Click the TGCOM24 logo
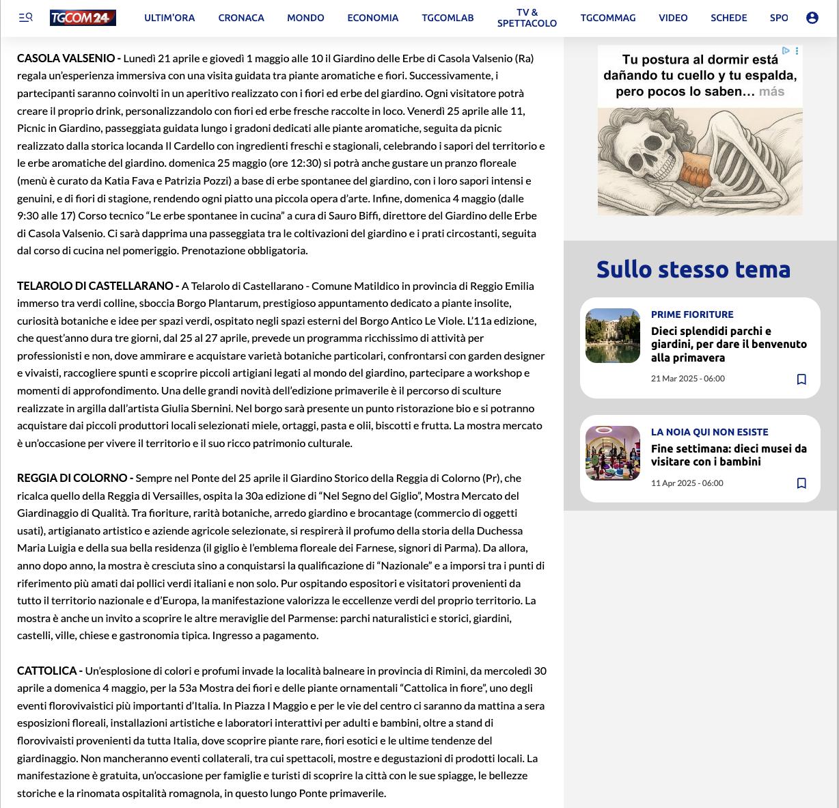click(83, 18)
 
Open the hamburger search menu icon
click(26, 18)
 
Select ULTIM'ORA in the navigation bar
click(169, 18)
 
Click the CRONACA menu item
click(241, 18)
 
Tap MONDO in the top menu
click(305, 18)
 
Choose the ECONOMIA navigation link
click(372, 18)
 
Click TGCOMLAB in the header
click(448, 18)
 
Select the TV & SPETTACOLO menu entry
click(527, 18)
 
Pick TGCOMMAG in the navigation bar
click(608, 18)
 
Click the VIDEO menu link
click(673, 18)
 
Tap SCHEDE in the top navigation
click(728, 18)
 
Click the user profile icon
click(812, 18)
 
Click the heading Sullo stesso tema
click(693, 269)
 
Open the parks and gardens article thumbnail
click(613, 336)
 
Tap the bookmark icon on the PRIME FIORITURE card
click(801, 379)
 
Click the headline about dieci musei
click(728, 455)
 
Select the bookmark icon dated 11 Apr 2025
click(801, 483)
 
